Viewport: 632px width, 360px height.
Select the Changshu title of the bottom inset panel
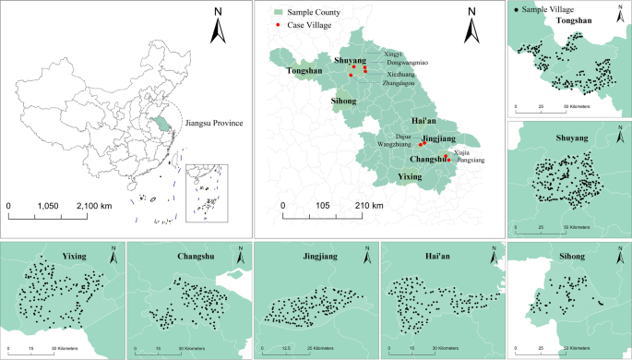click(192, 256)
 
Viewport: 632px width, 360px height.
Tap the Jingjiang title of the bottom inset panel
click(316, 256)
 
